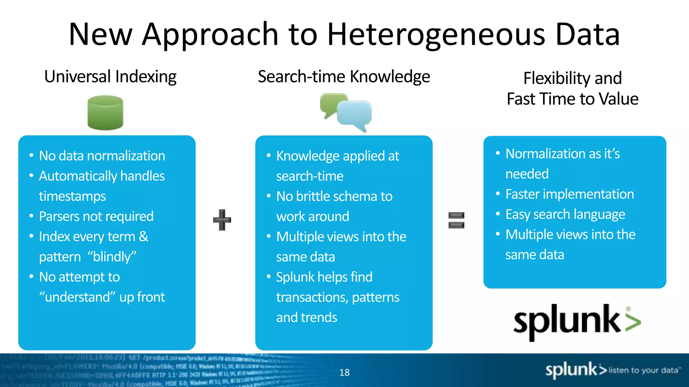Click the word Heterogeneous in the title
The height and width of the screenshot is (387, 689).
point(436,35)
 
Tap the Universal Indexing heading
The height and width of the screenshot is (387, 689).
point(110,77)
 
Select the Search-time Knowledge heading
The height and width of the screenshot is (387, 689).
point(344,77)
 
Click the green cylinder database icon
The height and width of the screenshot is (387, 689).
point(105,113)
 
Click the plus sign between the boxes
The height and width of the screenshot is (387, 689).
point(222,220)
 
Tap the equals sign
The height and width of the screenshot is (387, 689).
point(456,220)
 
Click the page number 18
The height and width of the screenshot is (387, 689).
point(344,373)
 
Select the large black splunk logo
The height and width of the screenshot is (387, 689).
point(567,321)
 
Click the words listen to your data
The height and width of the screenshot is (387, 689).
point(643,370)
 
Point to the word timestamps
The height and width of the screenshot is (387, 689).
point(72,197)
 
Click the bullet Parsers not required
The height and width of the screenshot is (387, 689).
point(96,217)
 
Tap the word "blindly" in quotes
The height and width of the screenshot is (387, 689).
point(112,257)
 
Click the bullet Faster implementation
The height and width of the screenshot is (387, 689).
point(570,194)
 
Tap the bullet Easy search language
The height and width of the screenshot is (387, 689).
point(565,214)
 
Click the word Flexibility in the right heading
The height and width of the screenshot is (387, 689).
point(557,79)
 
